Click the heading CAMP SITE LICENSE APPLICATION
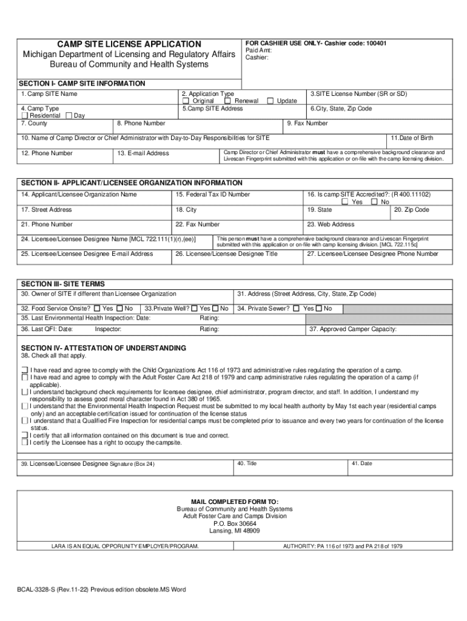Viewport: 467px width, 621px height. [129, 44]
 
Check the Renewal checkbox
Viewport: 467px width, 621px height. [227, 101]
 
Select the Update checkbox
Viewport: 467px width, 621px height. [270, 101]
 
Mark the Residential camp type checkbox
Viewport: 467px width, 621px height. [24, 116]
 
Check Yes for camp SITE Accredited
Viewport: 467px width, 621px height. [344, 202]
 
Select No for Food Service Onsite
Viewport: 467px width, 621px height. [119, 309]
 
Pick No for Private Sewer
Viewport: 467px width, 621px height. [319, 309]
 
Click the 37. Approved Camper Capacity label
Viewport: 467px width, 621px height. [353, 329]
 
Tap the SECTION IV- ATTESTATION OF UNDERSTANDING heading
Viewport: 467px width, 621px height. [104, 348]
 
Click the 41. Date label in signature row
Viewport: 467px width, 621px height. [361, 464]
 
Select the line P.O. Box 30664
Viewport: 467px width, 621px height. [235, 523]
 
